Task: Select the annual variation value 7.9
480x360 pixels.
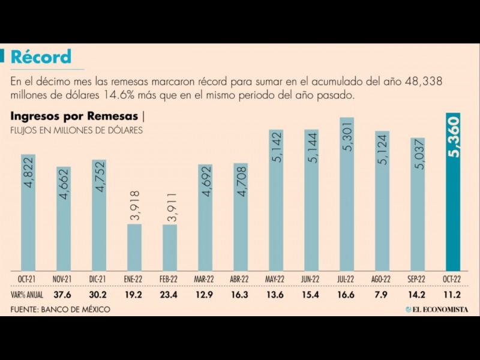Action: [x=382, y=295]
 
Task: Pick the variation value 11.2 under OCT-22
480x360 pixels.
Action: [x=453, y=295]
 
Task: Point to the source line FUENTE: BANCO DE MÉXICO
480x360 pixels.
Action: [x=60, y=309]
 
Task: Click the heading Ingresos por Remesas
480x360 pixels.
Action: [x=74, y=116]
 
